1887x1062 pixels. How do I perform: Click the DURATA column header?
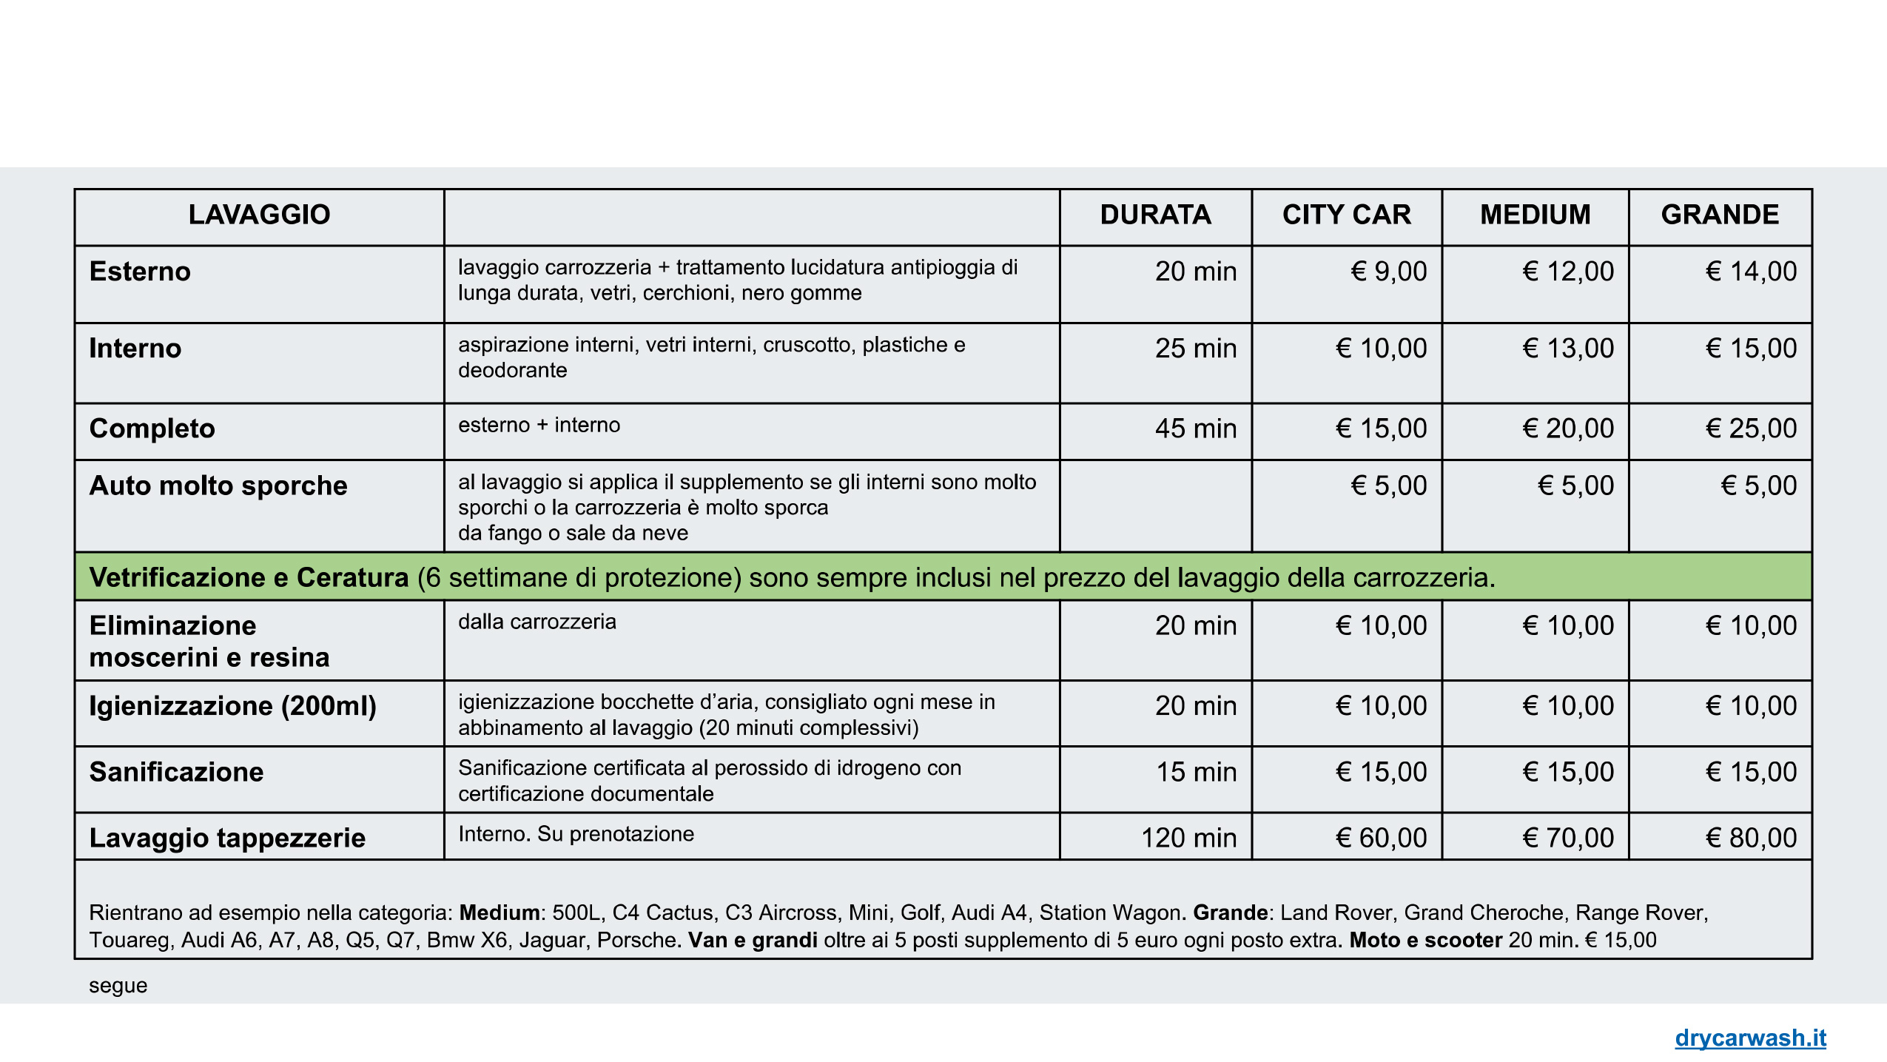[1155, 215]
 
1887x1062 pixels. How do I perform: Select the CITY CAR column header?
[1346, 215]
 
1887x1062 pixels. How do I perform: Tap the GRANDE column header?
[1720, 215]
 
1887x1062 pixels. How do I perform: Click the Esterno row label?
[140, 272]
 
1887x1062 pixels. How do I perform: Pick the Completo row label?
[152, 429]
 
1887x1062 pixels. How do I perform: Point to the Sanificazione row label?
[176, 772]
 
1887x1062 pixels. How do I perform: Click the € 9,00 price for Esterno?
[1388, 272]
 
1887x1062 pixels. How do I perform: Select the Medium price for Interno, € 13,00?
[1568, 349]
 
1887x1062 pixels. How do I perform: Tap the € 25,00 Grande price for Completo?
[1751, 429]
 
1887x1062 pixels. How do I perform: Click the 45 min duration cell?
[1195, 429]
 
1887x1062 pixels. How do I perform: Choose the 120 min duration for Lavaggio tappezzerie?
[1188, 838]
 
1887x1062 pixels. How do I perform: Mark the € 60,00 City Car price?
[1381, 838]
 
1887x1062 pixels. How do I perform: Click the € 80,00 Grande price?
[1751, 838]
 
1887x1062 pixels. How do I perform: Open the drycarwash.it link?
[1750, 1038]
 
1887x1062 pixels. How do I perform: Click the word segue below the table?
[118, 986]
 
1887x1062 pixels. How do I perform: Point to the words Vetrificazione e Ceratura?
[249, 577]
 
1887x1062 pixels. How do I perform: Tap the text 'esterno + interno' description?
[539, 425]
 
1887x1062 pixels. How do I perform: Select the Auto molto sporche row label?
[218, 485]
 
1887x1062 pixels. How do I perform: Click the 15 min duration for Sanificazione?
[1196, 772]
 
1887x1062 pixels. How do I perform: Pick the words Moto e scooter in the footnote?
[1425, 940]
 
